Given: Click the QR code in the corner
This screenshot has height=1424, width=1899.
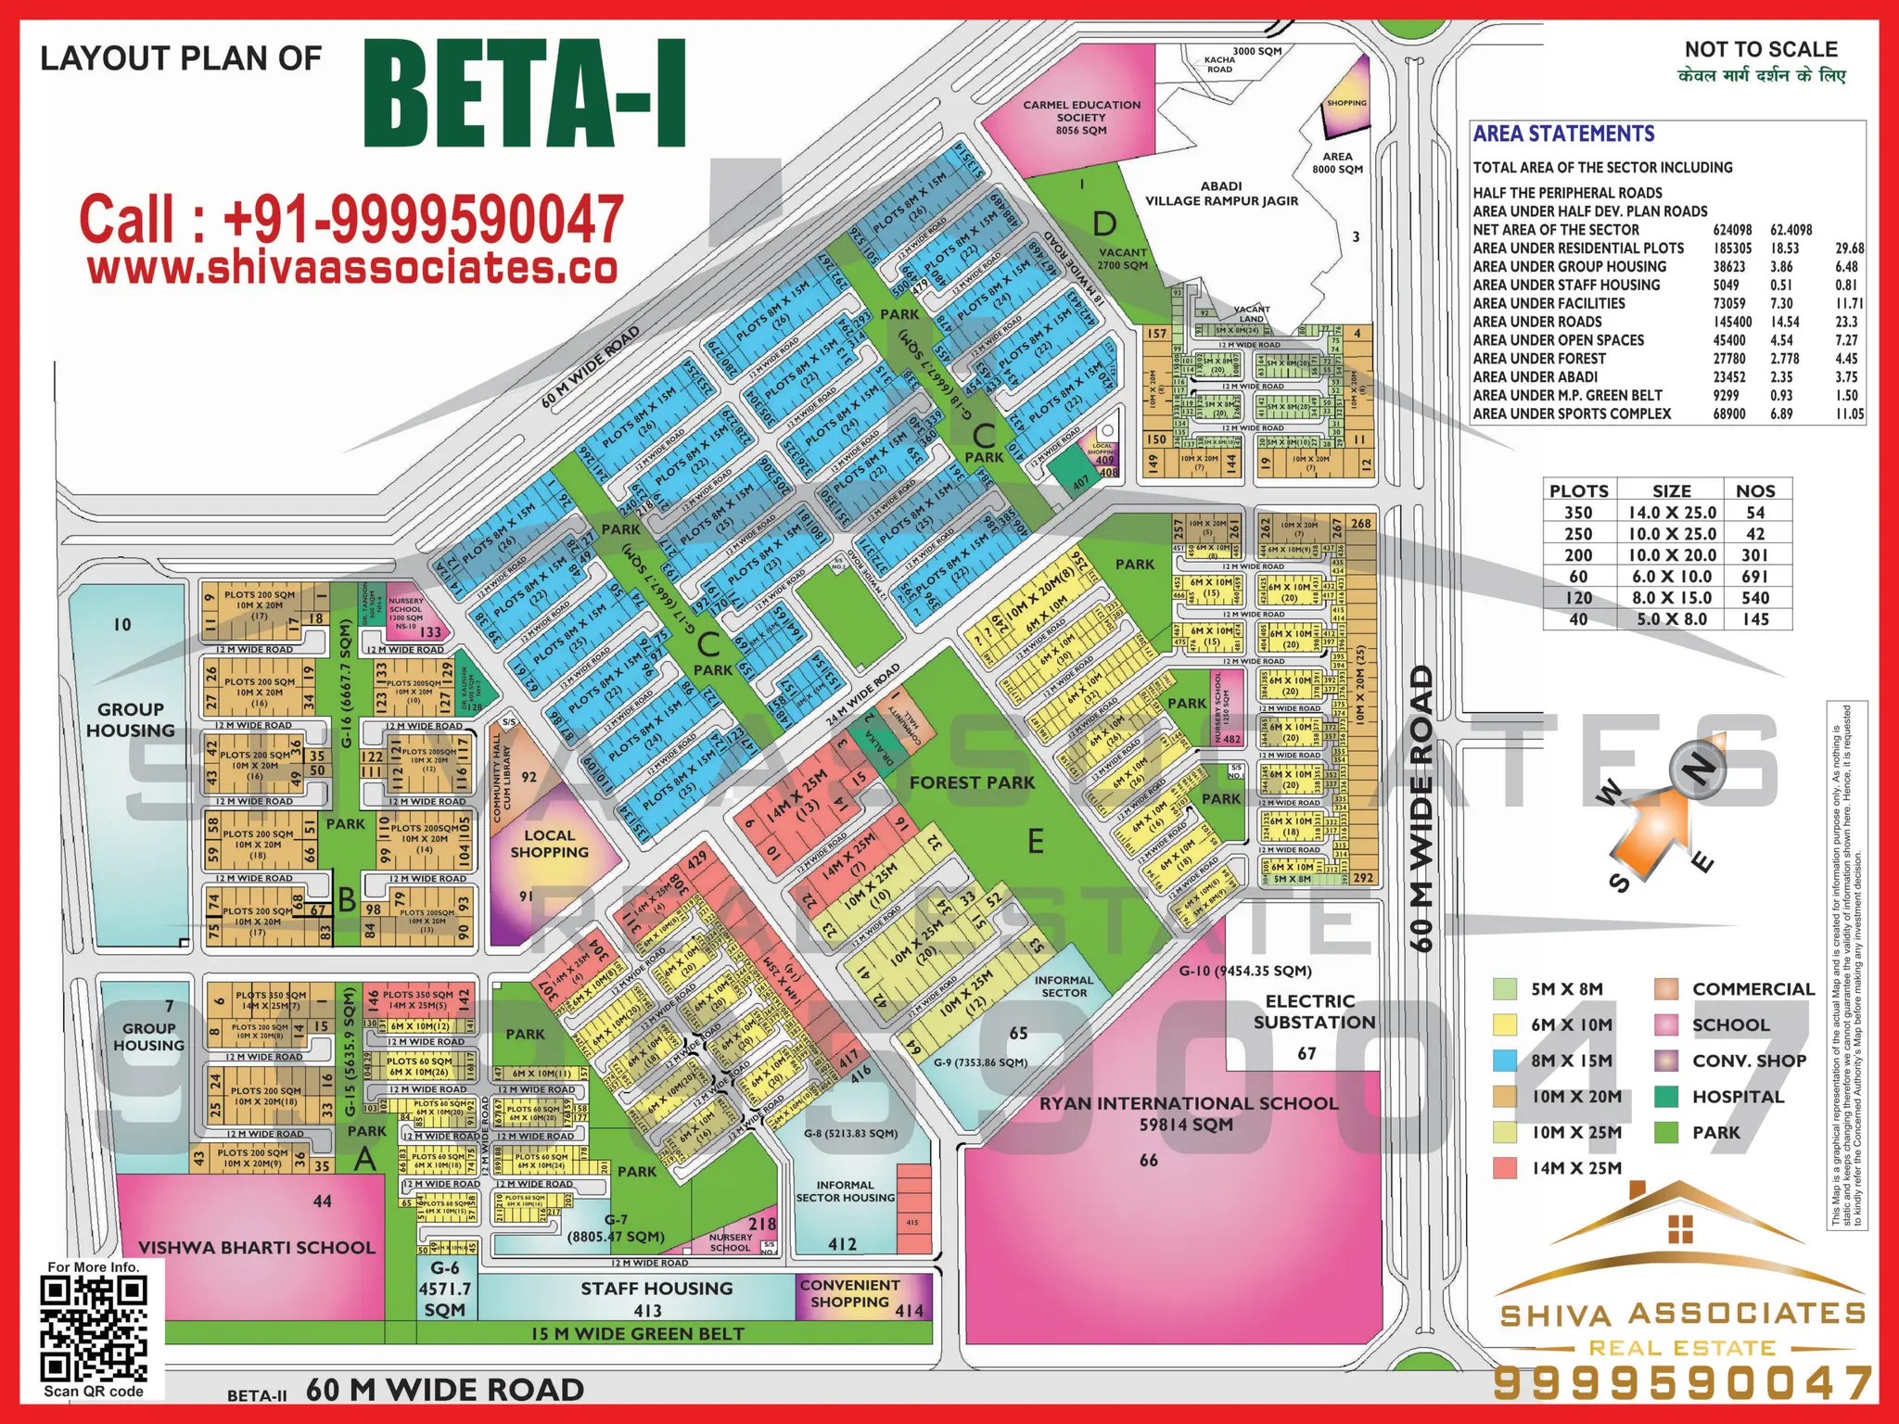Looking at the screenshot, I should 94,1328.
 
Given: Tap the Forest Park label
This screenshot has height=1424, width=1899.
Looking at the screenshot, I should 972,782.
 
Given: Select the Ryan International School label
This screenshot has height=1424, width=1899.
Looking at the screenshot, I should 1189,1113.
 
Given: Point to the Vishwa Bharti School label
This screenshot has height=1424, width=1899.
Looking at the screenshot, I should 257,1248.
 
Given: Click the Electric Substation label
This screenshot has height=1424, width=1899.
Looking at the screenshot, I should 1313,1011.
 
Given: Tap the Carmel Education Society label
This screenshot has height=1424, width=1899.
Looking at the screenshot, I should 1081,118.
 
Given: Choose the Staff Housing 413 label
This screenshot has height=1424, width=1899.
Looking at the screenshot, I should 656,1298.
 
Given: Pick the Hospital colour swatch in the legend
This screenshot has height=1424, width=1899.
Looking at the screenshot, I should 1666,1097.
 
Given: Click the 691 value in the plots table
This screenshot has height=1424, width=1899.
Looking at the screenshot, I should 1754,577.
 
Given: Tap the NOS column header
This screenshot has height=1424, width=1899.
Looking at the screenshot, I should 1755,491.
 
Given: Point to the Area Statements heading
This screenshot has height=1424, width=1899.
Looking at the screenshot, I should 1563,134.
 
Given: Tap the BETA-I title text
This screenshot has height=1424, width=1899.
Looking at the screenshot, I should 526,95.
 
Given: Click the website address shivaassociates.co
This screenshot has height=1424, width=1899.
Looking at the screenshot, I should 352,269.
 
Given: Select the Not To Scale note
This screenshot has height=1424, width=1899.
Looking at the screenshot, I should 1761,50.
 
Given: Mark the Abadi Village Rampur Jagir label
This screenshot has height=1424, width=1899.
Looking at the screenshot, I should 1221,194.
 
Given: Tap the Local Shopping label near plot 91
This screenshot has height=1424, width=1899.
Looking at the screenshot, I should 549,844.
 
